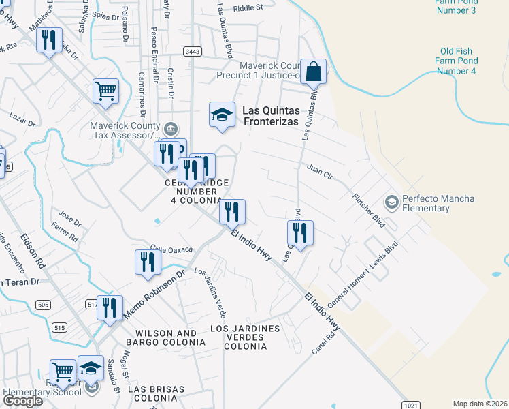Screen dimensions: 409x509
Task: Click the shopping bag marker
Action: [x=313, y=72]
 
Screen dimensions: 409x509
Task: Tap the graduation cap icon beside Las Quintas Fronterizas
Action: [x=222, y=115]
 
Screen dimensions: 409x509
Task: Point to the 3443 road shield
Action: [x=192, y=52]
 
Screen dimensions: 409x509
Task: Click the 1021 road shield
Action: [x=410, y=405]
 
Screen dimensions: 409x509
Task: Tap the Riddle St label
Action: [x=248, y=8]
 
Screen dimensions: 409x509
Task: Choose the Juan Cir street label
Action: [x=319, y=172]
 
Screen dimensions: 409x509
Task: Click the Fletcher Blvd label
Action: [x=369, y=211]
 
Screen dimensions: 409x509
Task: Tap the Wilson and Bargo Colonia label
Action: [x=166, y=337]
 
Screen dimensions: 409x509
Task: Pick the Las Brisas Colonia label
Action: [x=157, y=393]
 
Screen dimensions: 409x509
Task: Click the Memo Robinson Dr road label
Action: [x=154, y=294]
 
